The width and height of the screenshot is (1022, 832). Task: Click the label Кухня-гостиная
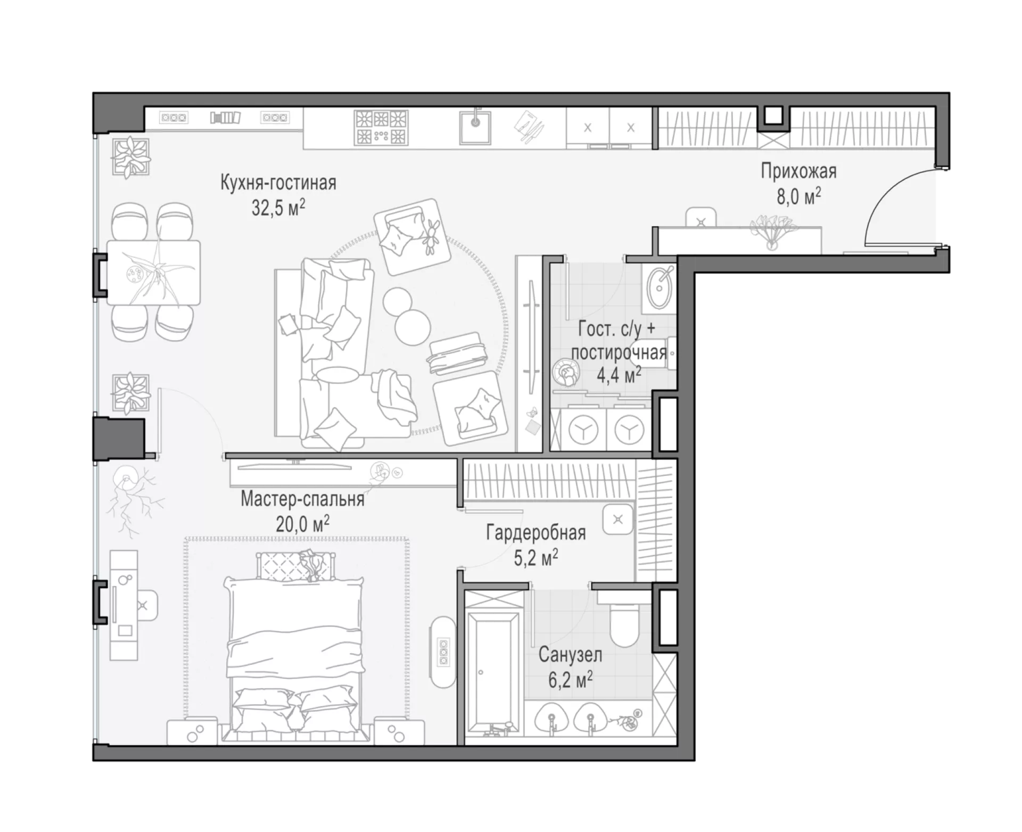278,183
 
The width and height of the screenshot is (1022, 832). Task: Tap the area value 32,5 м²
278,208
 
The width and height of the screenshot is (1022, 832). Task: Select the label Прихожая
798,171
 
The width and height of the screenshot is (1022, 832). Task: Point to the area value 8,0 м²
798,196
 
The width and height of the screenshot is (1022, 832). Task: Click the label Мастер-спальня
302,499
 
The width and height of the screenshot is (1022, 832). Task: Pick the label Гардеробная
536,533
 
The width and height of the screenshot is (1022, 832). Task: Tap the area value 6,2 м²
571,680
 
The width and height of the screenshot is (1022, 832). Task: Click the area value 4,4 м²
619,375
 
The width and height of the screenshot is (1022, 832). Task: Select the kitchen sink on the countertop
475,127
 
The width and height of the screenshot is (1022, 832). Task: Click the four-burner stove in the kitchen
381,127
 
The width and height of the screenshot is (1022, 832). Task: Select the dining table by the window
154,272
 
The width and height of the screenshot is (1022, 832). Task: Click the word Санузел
570,655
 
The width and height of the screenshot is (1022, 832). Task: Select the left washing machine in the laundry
583,430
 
